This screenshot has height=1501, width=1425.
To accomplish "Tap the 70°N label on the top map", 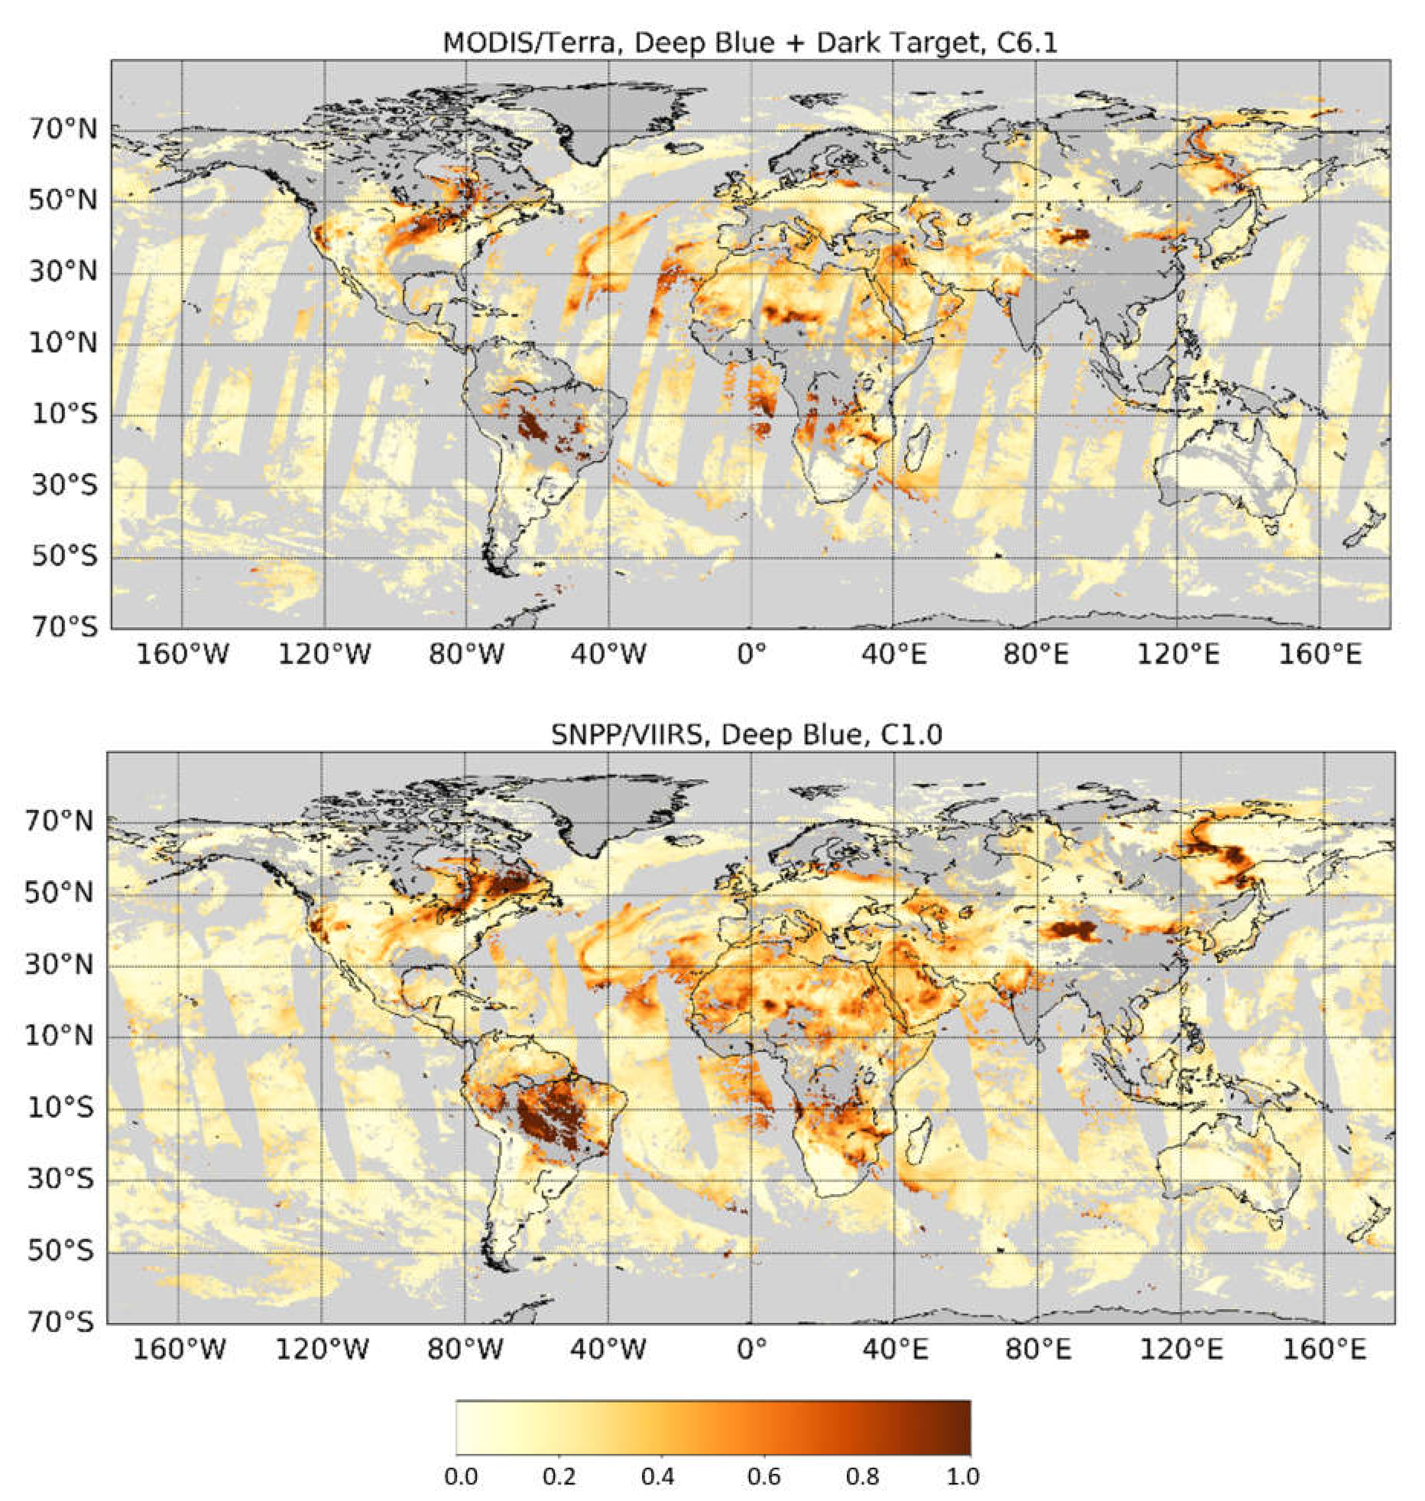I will click(x=64, y=130).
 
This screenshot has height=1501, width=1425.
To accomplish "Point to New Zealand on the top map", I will click(x=1367, y=524).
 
